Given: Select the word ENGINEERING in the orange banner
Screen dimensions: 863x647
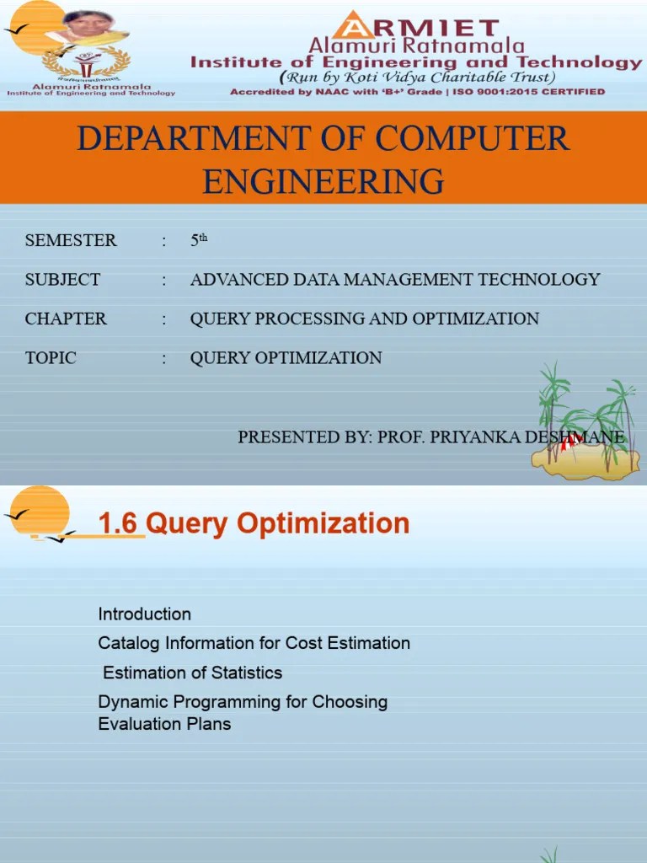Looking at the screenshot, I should tap(323, 180).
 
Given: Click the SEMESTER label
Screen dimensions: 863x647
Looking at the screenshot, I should tap(71, 241).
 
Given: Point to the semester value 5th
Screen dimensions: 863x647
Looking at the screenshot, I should tap(198, 241).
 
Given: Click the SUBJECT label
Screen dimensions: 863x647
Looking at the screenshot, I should tap(62, 280).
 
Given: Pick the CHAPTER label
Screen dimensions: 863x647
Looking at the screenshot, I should tap(66, 319).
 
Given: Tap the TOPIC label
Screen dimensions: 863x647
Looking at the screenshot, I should tap(51, 358).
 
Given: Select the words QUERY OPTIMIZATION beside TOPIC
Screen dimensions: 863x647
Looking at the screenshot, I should tap(286, 358).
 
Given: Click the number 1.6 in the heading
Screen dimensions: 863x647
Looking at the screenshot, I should tap(117, 523).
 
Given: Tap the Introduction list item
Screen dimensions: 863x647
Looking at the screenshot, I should tap(145, 614).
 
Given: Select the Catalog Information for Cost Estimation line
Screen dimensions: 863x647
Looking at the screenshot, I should tap(254, 643).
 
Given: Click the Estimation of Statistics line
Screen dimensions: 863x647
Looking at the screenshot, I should tap(192, 673).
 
